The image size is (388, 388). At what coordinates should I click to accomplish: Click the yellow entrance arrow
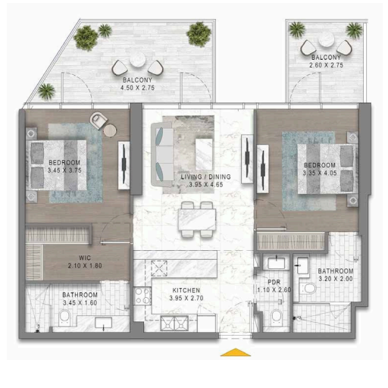pyautogui.click(x=236, y=352)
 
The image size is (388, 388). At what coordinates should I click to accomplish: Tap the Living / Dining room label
pyautogui.click(x=206, y=177)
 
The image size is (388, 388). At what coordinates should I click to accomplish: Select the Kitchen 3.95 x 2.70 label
pyautogui.click(x=186, y=294)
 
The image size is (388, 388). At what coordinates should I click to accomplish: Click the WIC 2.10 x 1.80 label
pyautogui.click(x=85, y=262)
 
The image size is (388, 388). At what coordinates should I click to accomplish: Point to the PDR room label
pyautogui.click(x=274, y=282)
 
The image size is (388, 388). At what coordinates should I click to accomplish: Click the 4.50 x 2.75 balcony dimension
pyautogui.click(x=137, y=88)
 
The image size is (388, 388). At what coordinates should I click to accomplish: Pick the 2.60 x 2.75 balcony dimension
pyautogui.click(x=326, y=65)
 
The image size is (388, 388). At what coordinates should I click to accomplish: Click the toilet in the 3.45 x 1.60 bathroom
pyautogui.click(x=64, y=317)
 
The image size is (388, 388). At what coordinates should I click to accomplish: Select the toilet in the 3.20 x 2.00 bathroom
pyautogui.click(x=308, y=288)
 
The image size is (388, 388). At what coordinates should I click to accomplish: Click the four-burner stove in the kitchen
pyautogui.click(x=142, y=296)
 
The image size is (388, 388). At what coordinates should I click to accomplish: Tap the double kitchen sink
pyautogui.click(x=174, y=323)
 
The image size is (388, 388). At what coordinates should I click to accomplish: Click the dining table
pyautogui.click(x=197, y=219)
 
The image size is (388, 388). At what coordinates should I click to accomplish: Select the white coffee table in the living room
pyautogui.click(x=204, y=154)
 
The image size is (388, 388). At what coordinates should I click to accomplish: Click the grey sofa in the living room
pyautogui.click(x=162, y=155)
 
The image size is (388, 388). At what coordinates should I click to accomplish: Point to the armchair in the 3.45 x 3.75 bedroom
pyautogui.click(x=99, y=120)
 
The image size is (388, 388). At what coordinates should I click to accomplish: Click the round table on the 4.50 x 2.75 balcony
pyautogui.click(x=138, y=60)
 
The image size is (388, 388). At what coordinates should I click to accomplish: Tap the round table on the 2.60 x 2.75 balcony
pyautogui.click(x=327, y=39)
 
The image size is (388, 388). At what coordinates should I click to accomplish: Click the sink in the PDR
pyautogui.click(x=277, y=263)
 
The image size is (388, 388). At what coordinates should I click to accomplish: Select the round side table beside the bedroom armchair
pyautogui.click(x=110, y=131)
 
